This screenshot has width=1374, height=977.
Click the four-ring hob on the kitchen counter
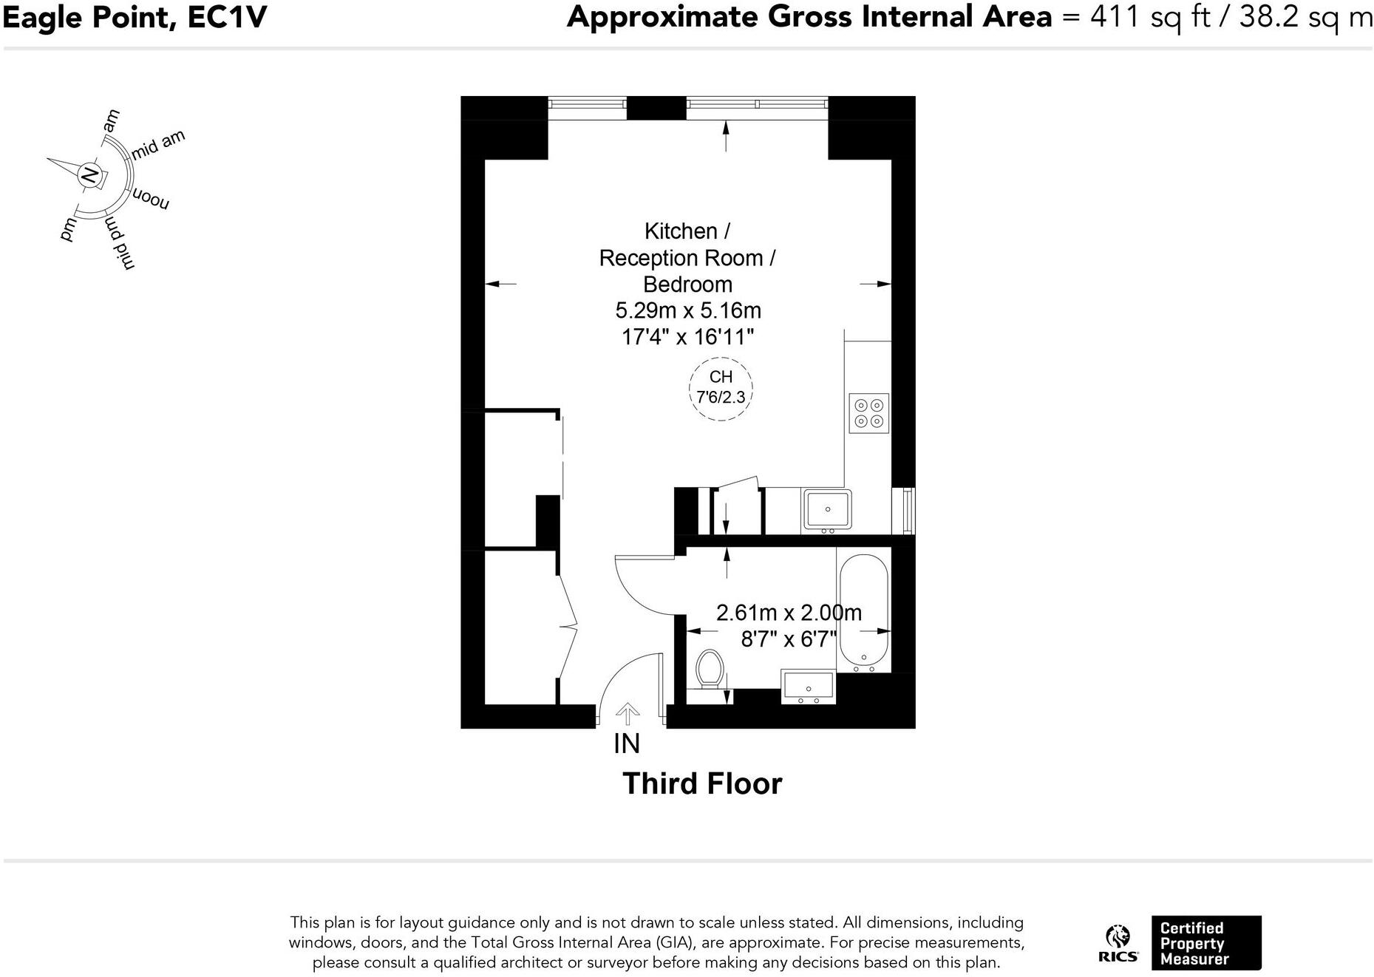pos(868,413)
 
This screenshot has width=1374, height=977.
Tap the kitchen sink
pos(827,509)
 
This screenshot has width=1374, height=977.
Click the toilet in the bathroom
pos(710,670)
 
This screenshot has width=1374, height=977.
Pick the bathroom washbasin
pos(808,687)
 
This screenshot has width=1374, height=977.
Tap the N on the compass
pos(89,175)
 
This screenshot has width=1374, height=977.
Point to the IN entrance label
pos(626,743)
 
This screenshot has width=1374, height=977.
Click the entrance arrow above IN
pos(628,713)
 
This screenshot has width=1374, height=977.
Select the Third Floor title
pos(701,783)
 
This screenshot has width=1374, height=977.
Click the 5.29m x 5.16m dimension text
pos(688,310)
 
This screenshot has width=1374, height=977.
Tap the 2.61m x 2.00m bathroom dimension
pos(789,613)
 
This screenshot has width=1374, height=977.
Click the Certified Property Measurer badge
pos(1205,943)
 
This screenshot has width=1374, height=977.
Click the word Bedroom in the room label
pos(687,285)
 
